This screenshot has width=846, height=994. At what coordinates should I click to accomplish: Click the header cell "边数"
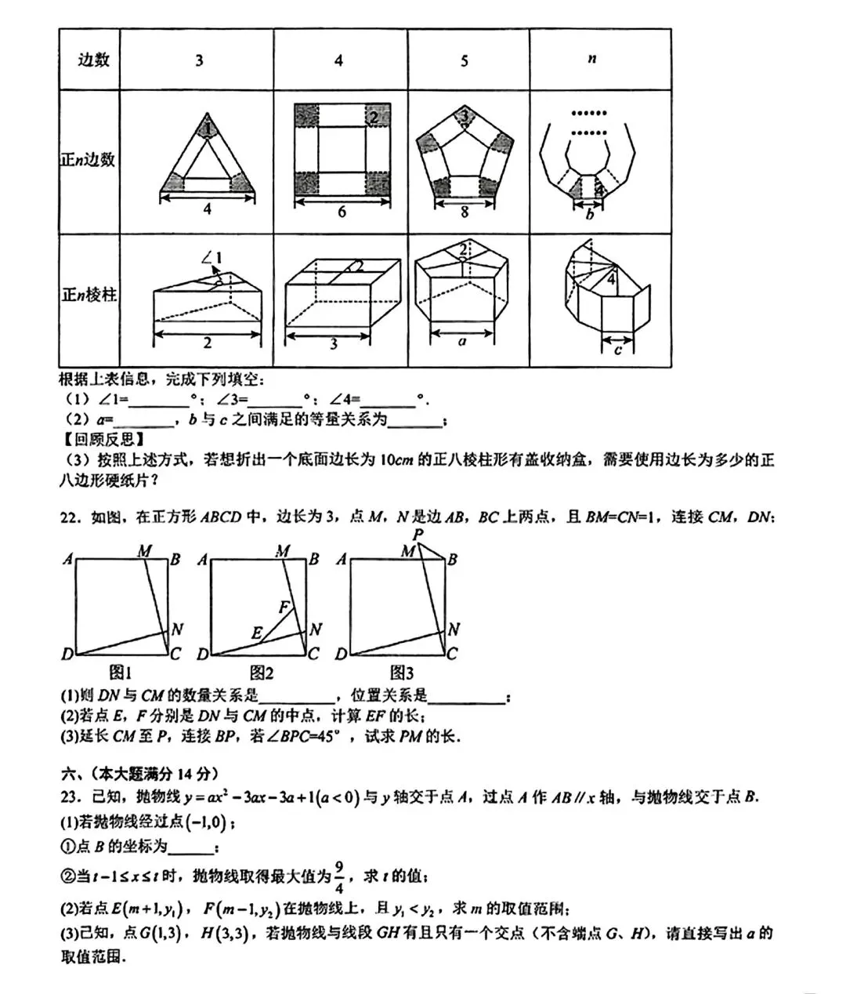pos(93,60)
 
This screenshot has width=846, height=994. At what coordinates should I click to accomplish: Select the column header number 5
pos(465,60)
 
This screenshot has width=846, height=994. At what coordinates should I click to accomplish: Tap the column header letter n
pos(591,59)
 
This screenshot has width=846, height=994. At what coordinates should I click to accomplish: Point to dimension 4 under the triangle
pos(207,209)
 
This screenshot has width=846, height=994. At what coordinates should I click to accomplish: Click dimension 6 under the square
pos(342,212)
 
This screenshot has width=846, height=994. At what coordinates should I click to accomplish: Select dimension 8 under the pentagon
pos(465,212)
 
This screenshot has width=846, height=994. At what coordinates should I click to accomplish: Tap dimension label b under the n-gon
pos(590,214)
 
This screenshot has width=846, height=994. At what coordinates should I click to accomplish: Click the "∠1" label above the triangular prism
pos(211,257)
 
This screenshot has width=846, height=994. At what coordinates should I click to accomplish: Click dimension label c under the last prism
pos(618,350)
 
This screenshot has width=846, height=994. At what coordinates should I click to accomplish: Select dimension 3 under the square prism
pos(334,343)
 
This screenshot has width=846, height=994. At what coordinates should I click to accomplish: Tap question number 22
pos(70,518)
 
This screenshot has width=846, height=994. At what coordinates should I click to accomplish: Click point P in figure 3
pos(419,535)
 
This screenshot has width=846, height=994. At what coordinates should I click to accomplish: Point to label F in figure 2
pos(284,608)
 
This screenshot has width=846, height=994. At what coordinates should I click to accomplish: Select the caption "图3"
pos(401,672)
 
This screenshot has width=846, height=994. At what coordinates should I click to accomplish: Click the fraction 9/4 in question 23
pos(339,876)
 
